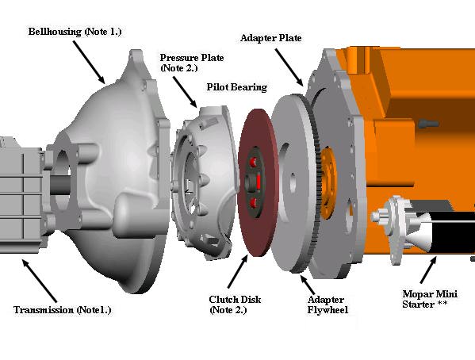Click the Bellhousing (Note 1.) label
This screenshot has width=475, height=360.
click(75, 32)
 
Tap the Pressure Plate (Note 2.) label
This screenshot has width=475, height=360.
click(192, 63)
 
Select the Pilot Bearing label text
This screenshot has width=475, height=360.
click(237, 87)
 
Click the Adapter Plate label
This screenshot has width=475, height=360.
click(271, 38)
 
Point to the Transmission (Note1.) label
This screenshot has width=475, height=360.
click(63, 310)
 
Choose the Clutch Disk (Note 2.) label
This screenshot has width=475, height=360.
click(235, 304)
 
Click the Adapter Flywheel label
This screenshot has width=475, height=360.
click(328, 304)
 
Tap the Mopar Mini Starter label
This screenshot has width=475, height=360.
click(430, 299)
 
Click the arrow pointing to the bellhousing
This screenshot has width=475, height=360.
click(89, 63)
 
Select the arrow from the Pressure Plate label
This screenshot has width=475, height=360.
click(185, 92)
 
